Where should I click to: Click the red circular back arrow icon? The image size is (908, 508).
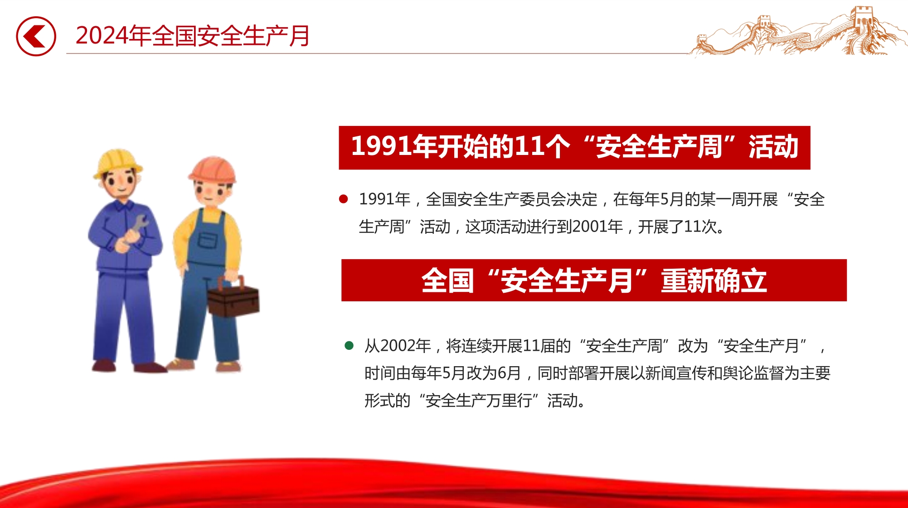[36, 36]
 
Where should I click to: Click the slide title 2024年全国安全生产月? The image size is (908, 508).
[193, 36]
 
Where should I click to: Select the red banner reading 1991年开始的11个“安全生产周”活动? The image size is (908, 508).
[574, 148]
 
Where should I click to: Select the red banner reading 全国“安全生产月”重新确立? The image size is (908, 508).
[594, 280]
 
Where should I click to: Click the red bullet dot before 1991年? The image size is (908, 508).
[344, 199]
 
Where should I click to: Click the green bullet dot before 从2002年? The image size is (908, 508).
[349, 346]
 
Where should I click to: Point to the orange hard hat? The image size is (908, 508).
[213, 169]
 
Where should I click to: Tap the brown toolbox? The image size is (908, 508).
[233, 297]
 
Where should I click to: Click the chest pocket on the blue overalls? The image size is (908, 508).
[208, 241]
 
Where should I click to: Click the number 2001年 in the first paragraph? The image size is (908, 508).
[597, 227]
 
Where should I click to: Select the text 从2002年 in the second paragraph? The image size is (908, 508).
[398, 346]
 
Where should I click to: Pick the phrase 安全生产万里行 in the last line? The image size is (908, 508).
[479, 401]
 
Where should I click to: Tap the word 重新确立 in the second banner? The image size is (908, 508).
[714, 281]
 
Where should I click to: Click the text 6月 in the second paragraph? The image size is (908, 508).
[509, 373]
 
